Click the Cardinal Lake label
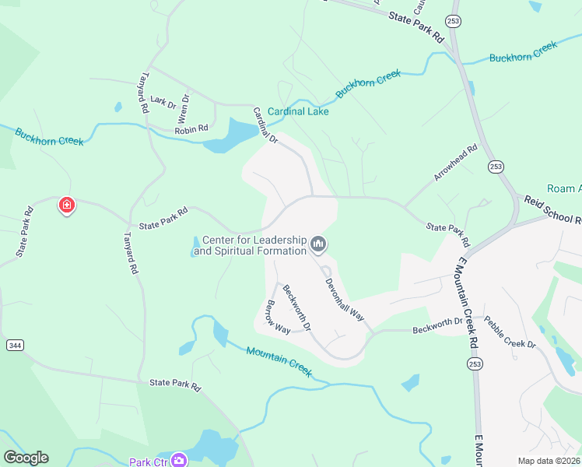[x=298, y=111]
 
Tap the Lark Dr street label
[x=163, y=101]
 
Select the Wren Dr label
[x=184, y=109]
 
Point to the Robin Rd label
[x=191, y=128]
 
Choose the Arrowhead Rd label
[x=455, y=163]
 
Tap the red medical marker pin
[x=67, y=205]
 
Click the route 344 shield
[x=14, y=344]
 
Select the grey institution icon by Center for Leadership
[x=317, y=245]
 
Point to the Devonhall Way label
[x=345, y=300]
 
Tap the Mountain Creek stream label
[x=279, y=362]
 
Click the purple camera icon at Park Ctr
[x=180, y=461]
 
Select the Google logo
[x=26, y=458]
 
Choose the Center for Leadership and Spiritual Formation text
[x=252, y=246]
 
